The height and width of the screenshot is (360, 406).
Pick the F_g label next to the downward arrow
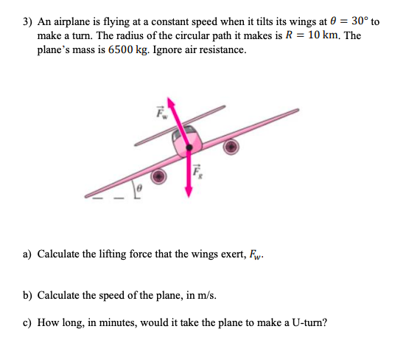197,173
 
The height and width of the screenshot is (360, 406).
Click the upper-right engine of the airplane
231,147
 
